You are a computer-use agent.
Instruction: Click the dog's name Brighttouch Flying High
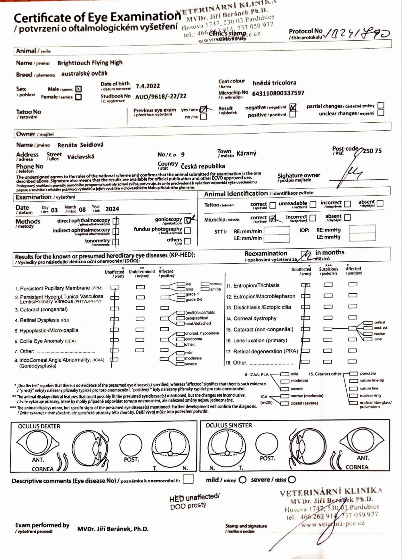[x=90, y=63]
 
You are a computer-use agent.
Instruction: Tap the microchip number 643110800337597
[x=278, y=93]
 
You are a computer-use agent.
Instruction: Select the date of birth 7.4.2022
[x=148, y=86]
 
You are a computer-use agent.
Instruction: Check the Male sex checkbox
[x=78, y=89]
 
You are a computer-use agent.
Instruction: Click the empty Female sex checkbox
[x=78, y=97]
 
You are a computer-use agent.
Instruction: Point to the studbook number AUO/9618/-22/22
[x=161, y=97]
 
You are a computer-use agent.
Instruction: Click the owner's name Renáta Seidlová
[x=80, y=145]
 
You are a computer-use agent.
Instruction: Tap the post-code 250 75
[x=372, y=151]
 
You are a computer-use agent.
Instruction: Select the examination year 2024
[x=112, y=209]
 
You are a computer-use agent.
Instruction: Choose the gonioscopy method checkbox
[x=188, y=220]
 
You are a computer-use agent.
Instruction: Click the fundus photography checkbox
[x=187, y=231]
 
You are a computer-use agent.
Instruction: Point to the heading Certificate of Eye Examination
[x=97, y=18]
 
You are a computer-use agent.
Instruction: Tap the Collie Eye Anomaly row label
[x=47, y=341]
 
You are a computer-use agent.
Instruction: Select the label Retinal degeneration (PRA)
[x=266, y=351]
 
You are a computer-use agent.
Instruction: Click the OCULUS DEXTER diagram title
[x=39, y=426]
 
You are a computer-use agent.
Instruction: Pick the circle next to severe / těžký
[x=292, y=480]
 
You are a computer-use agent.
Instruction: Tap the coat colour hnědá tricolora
[x=274, y=83]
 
